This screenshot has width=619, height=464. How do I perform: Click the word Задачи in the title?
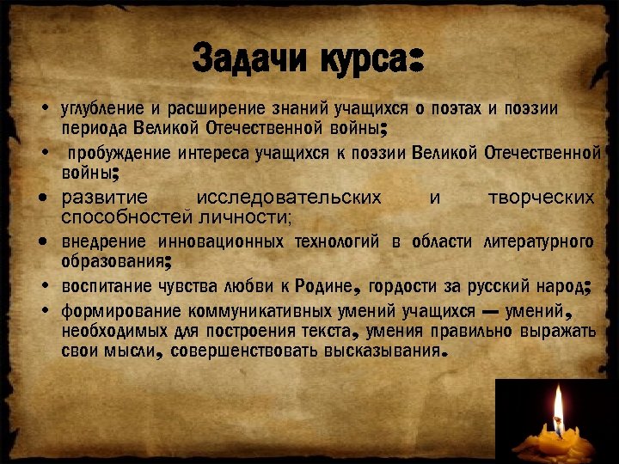pyautogui.click(x=251, y=59)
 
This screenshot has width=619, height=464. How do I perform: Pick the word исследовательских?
pyautogui.click(x=289, y=198)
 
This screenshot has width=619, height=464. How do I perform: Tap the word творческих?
pyautogui.click(x=541, y=198)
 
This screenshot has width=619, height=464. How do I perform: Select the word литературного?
pyautogui.click(x=538, y=241)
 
